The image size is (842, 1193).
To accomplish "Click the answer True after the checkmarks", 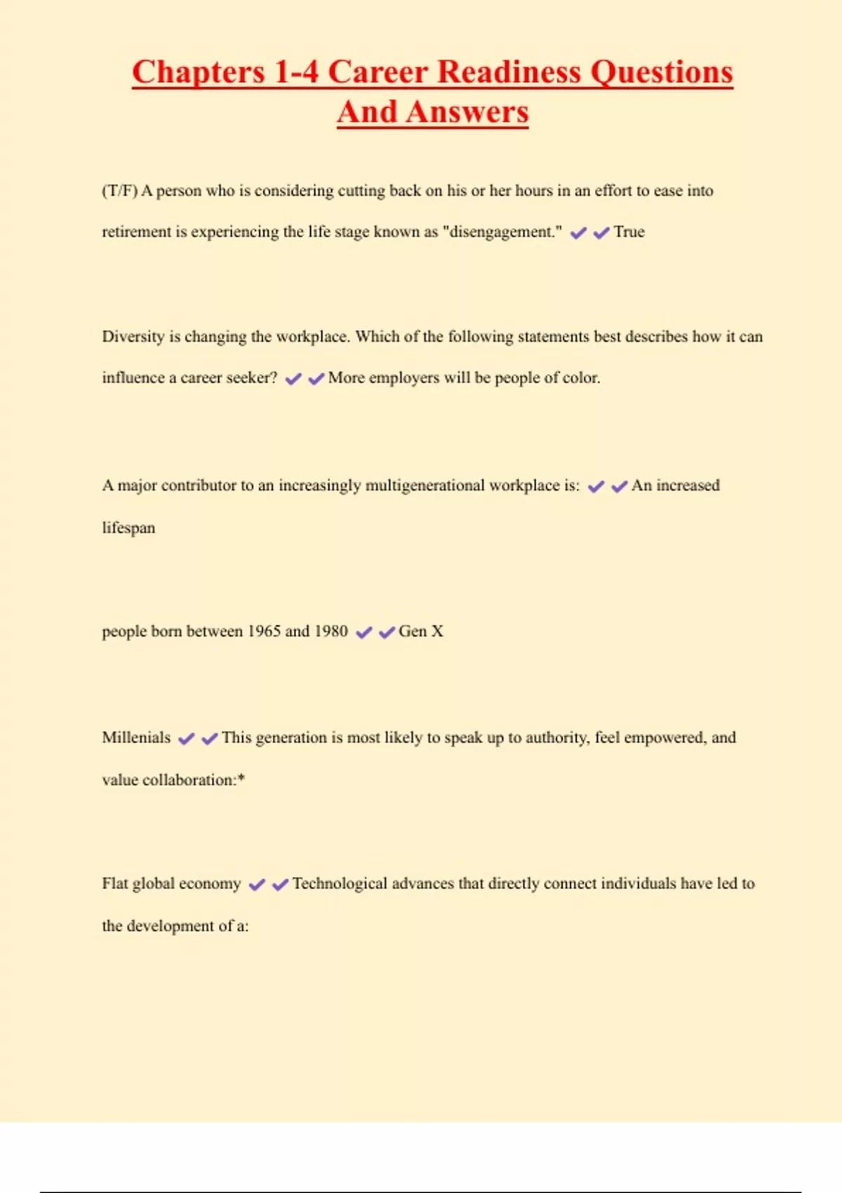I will point(629,232).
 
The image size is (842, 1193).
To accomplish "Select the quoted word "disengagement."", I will point(502,232).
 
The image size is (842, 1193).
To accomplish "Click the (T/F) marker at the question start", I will point(119,191).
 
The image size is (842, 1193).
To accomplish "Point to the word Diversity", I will point(133,337).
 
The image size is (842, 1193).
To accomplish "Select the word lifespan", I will point(128,528).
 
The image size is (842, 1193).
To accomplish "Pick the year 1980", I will point(330,631).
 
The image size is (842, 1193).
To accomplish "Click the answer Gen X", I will point(421,631).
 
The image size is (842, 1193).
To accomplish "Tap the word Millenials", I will point(136,738).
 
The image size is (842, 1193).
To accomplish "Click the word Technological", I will point(340,884).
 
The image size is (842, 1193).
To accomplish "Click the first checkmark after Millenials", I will point(186,739).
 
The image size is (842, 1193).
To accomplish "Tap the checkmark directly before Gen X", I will point(387,633).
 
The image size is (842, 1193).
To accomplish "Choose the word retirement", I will point(136,232).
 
